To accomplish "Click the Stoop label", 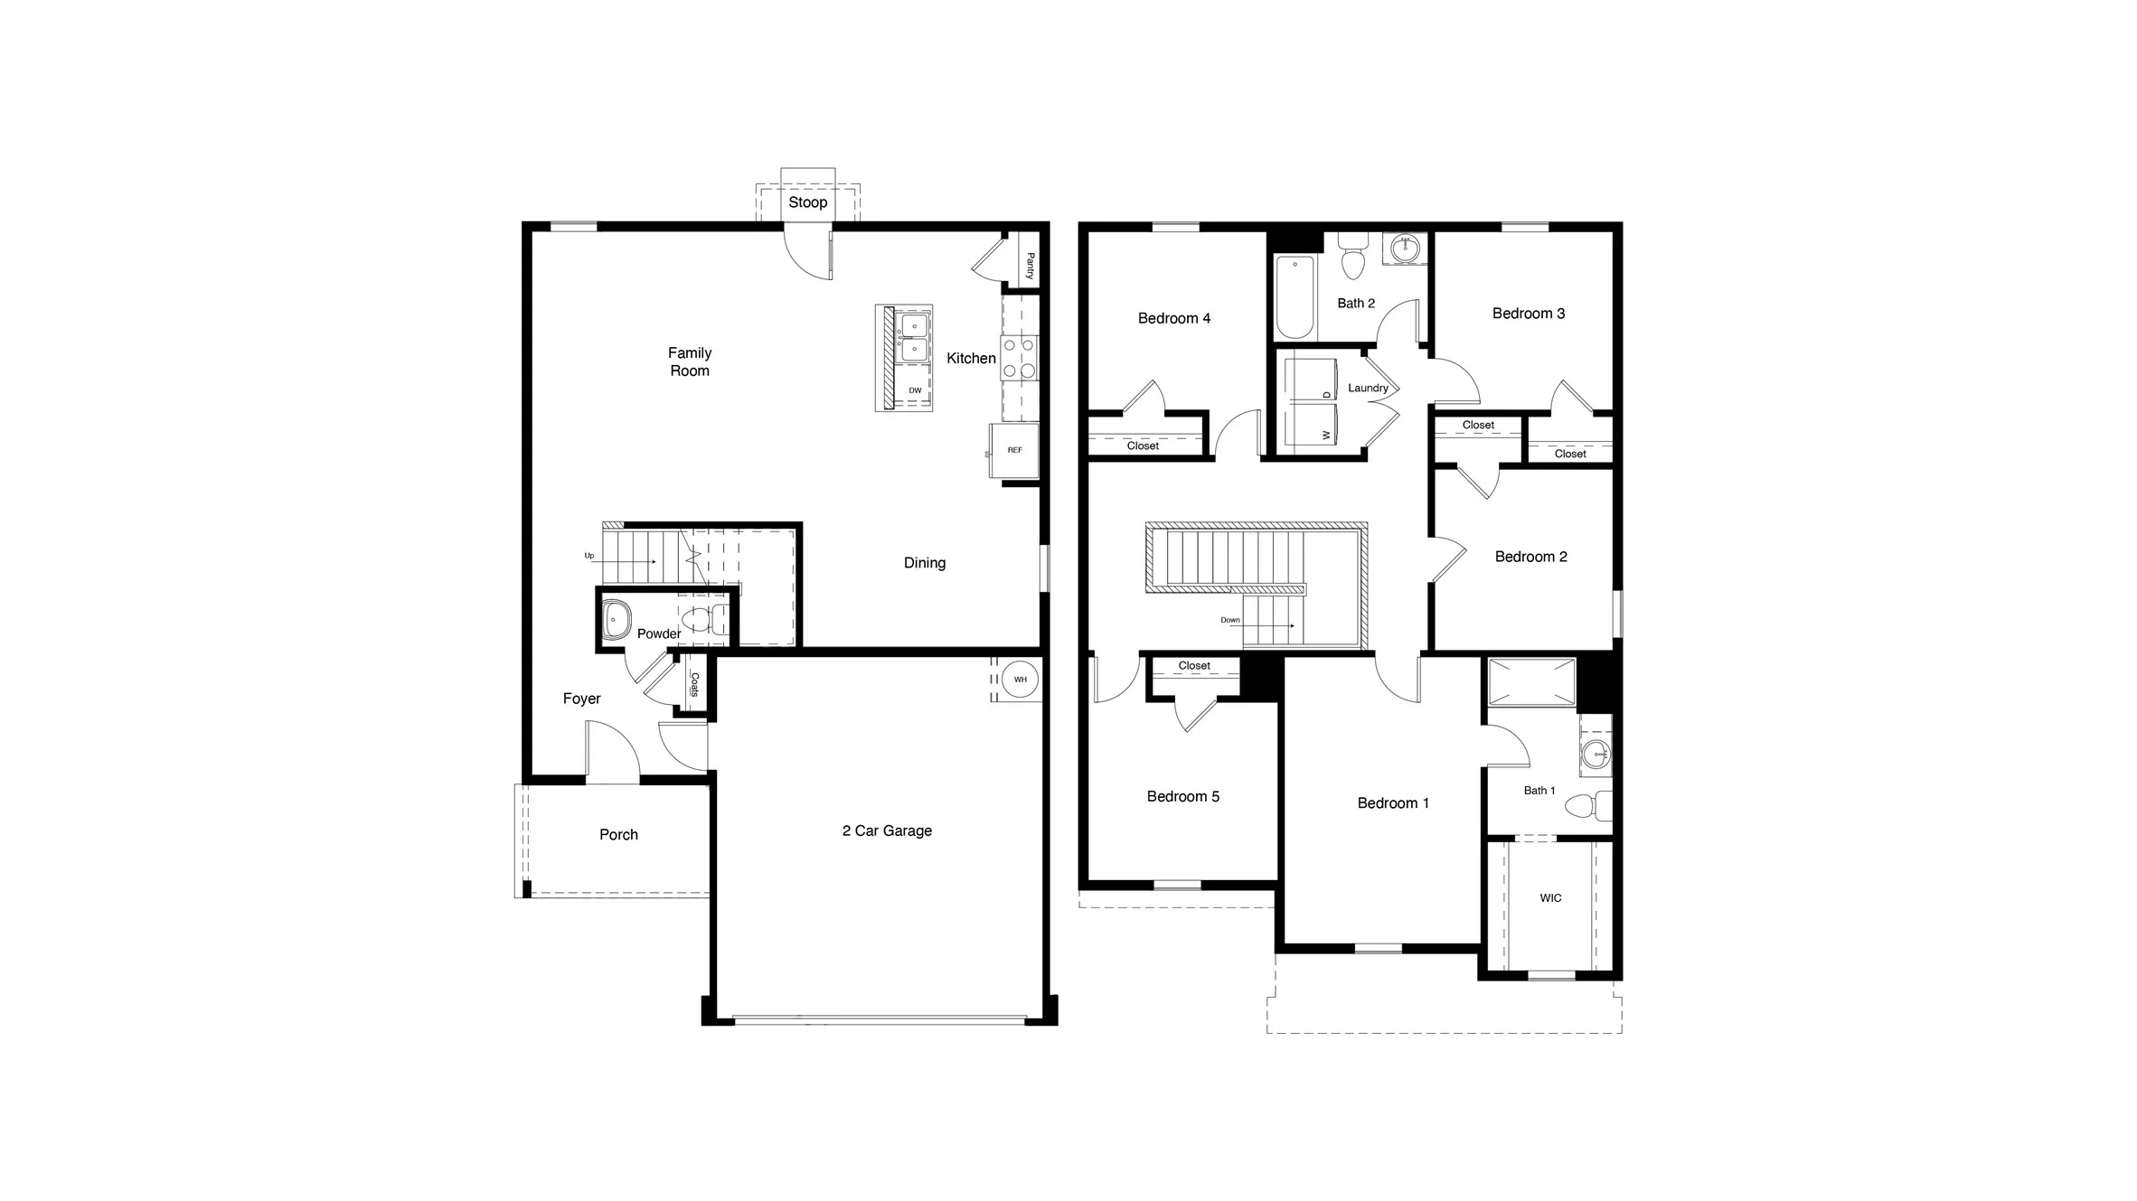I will [807, 202].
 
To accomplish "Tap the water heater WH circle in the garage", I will [1020, 680].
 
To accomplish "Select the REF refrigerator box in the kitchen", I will [1014, 450].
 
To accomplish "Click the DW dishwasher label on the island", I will [915, 390].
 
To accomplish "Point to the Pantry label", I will [1030, 266].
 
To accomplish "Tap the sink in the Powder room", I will [616, 620].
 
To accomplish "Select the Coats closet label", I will [694, 684].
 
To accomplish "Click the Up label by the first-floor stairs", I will [589, 556].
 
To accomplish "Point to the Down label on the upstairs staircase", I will [1230, 620].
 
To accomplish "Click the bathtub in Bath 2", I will [1294, 296].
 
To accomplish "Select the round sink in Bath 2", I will [1405, 249].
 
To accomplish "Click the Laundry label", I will [1368, 389].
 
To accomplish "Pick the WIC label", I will [1550, 898].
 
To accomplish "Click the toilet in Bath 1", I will [1586, 805].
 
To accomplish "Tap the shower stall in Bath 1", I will [1531, 682].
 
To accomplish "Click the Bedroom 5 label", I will [1182, 796].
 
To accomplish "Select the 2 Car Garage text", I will [887, 830].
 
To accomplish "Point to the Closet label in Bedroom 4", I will [1143, 446].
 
